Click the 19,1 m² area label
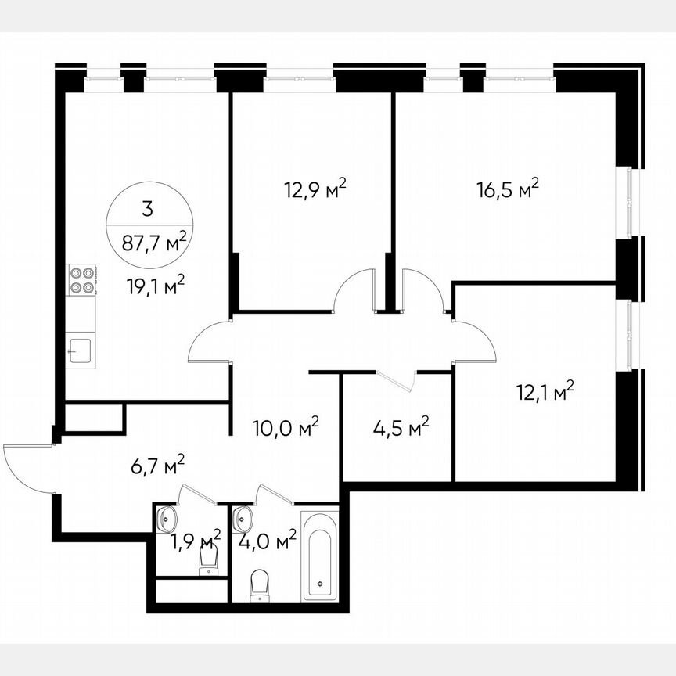[156, 286]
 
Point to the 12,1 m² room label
[545, 390]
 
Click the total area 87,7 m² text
[154, 240]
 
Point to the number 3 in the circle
[148, 209]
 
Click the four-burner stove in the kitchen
[81, 280]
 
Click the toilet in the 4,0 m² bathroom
[261, 585]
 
